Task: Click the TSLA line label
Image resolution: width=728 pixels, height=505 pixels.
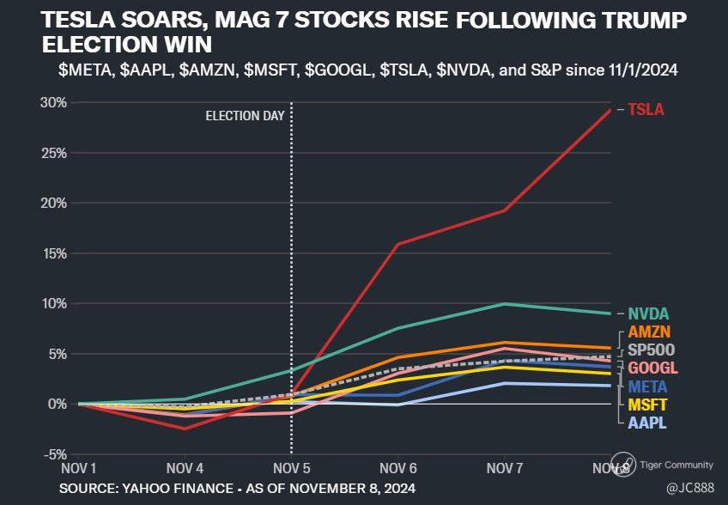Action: [646, 110]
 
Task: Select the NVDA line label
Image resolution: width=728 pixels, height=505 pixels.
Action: [647, 313]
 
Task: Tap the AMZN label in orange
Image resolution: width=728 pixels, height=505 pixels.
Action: [650, 332]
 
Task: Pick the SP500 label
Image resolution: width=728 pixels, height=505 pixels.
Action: [651, 350]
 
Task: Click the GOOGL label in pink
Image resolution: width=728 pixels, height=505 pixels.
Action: [652, 368]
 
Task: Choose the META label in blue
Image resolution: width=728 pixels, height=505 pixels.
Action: [648, 386]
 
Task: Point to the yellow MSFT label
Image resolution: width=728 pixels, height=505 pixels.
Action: [648, 405]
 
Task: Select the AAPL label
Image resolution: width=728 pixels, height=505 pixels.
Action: [647, 423]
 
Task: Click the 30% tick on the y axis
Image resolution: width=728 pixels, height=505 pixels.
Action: [54, 103]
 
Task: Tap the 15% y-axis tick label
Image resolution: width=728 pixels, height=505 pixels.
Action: [54, 253]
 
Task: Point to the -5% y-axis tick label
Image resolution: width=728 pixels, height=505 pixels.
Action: [54, 454]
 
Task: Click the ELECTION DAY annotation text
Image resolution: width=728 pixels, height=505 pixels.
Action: [245, 116]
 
